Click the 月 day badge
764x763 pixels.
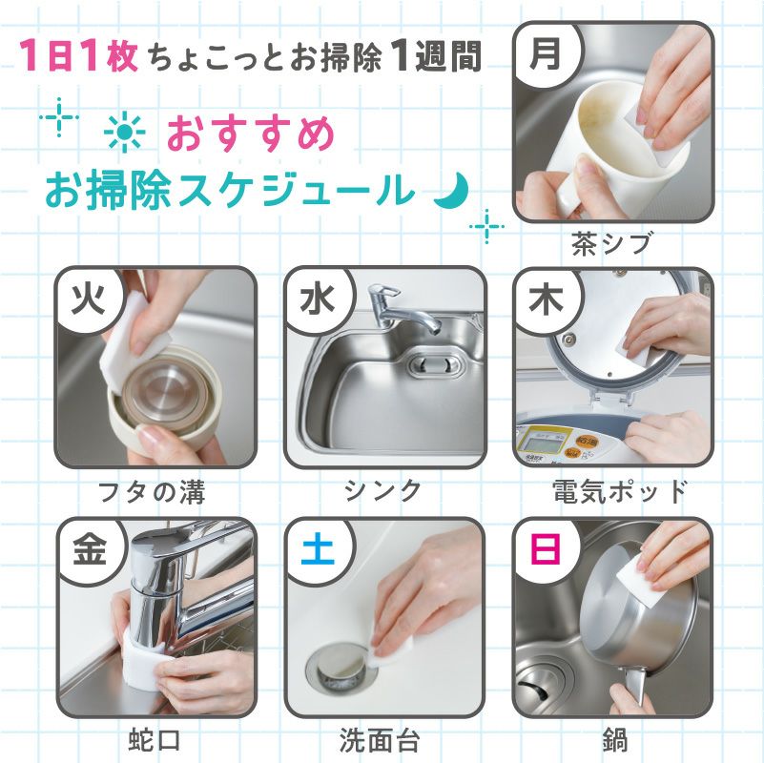(x=545, y=52)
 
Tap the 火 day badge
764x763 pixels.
(x=89, y=298)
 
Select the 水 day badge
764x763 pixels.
(x=317, y=298)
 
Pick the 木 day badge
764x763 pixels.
(x=545, y=298)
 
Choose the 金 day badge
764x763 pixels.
(x=89, y=548)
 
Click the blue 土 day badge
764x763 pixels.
(x=317, y=548)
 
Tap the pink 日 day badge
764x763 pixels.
(x=545, y=548)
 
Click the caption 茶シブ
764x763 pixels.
(x=611, y=243)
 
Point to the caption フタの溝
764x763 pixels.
(x=153, y=492)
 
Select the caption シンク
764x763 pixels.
(x=383, y=491)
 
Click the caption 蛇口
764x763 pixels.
(x=154, y=740)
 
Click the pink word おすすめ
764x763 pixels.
(x=251, y=134)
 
